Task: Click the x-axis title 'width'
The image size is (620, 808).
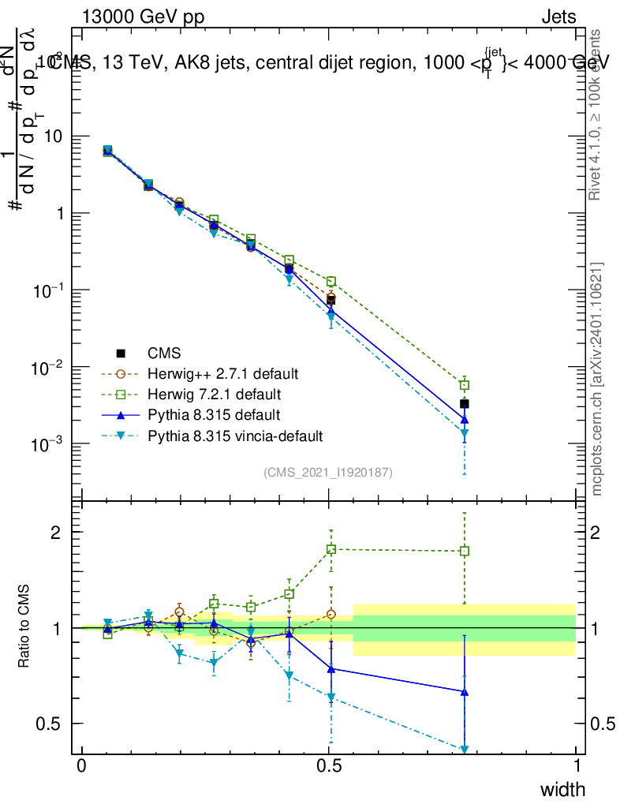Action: [x=562, y=789]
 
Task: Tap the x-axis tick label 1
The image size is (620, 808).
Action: [x=576, y=766]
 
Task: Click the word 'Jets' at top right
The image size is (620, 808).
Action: [x=558, y=17]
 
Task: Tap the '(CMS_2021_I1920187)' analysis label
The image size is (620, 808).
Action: [x=328, y=472]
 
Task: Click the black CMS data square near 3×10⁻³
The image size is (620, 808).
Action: [x=465, y=404]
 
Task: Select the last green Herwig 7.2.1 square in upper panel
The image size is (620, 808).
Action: [x=465, y=385]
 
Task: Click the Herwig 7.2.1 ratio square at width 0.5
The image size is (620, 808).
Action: [x=331, y=548]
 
